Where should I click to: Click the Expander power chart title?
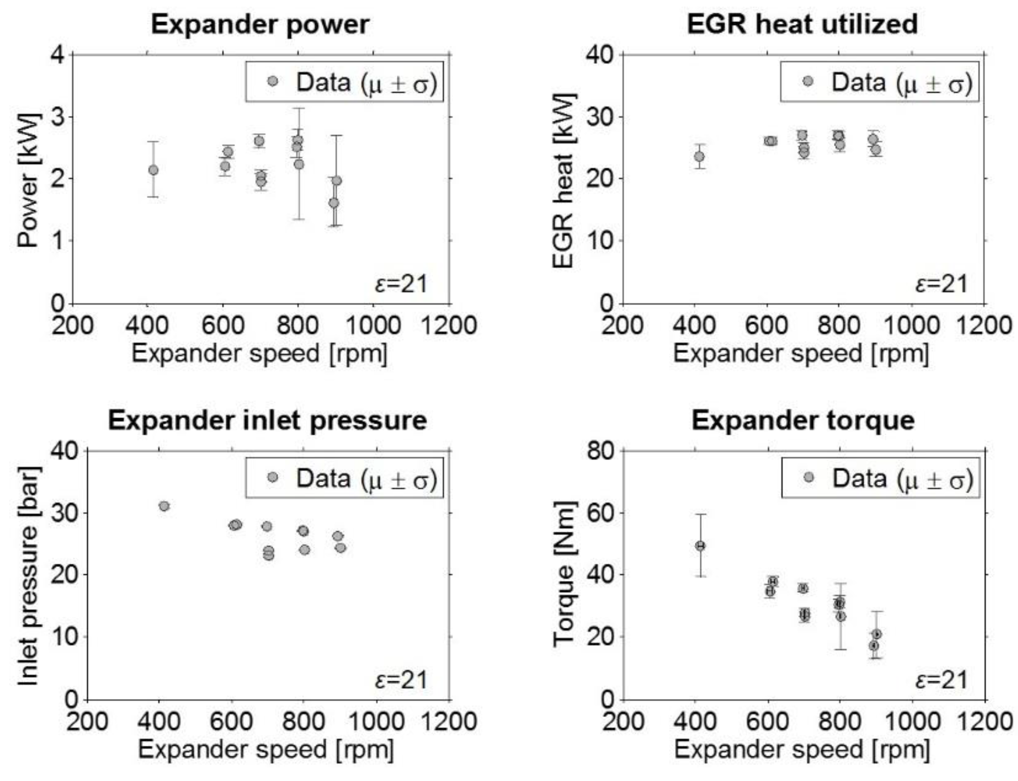(261, 25)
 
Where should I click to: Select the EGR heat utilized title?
(802, 25)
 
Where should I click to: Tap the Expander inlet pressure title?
(268, 421)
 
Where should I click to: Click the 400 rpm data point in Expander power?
(153, 170)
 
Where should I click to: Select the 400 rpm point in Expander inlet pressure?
(164, 506)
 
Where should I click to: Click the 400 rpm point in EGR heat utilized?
(699, 156)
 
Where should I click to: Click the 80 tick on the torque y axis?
(600, 451)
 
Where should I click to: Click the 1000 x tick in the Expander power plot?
(373, 325)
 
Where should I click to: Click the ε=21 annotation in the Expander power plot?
(401, 284)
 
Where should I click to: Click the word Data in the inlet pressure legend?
(323, 478)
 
